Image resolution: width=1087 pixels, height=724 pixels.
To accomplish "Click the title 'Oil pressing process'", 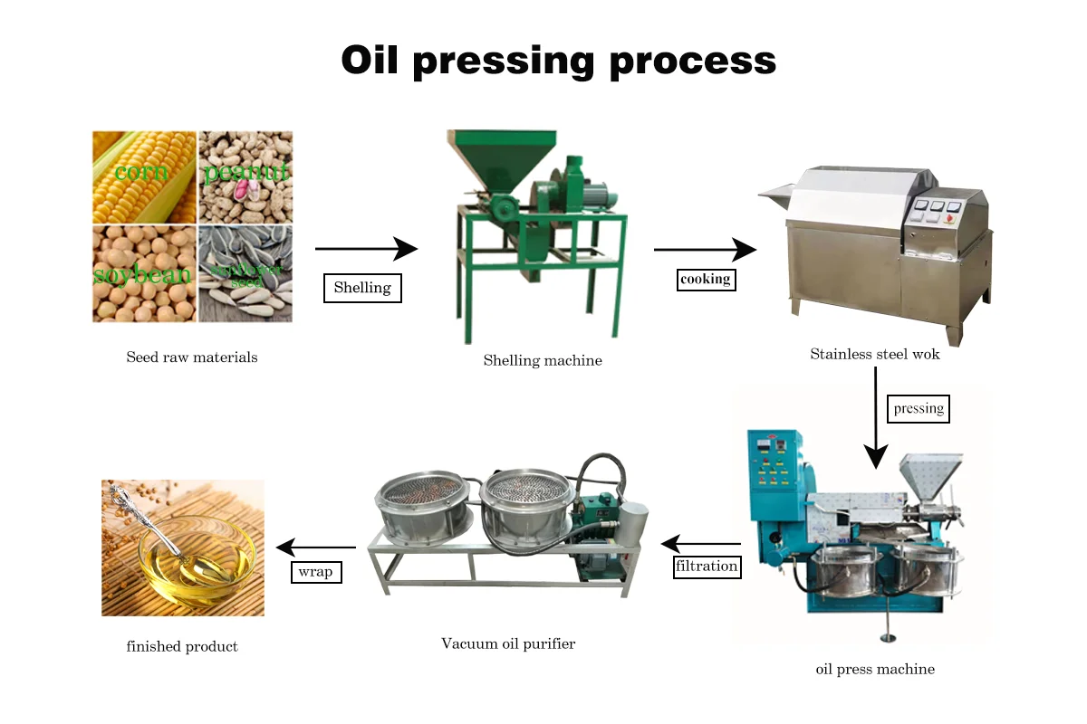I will pyautogui.click(x=558, y=61).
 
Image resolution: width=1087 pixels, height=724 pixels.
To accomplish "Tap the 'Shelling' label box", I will pyautogui.click(x=362, y=288).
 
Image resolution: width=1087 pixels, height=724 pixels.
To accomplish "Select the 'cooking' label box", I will pyautogui.click(x=706, y=279).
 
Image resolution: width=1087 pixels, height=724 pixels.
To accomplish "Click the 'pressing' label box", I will pyautogui.click(x=919, y=408).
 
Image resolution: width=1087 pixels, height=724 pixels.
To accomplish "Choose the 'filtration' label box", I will pyautogui.click(x=707, y=567).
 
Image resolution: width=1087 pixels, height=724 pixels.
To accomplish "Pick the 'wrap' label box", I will pyautogui.click(x=315, y=572).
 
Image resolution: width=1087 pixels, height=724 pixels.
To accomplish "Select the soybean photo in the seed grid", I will pyautogui.click(x=144, y=273).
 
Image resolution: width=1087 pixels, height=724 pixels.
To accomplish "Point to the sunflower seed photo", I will pyautogui.click(x=245, y=273).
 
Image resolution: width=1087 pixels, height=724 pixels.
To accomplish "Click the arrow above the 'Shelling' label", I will pyautogui.click(x=366, y=248).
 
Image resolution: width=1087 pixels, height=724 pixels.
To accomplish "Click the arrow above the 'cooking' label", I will pyautogui.click(x=705, y=249).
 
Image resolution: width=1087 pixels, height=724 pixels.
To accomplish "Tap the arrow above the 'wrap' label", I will pyautogui.click(x=315, y=547).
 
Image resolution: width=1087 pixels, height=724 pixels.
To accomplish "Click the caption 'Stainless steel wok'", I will pyautogui.click(x=875, y=355).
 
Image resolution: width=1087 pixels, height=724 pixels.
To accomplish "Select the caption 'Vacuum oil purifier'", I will pyautogui.click(x=508, y=644).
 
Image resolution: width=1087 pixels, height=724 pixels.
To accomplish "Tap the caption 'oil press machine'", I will pyautogui.click(x=875, y=670).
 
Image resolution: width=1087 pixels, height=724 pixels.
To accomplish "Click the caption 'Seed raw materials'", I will pyautogui.click(x=192, y=357).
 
